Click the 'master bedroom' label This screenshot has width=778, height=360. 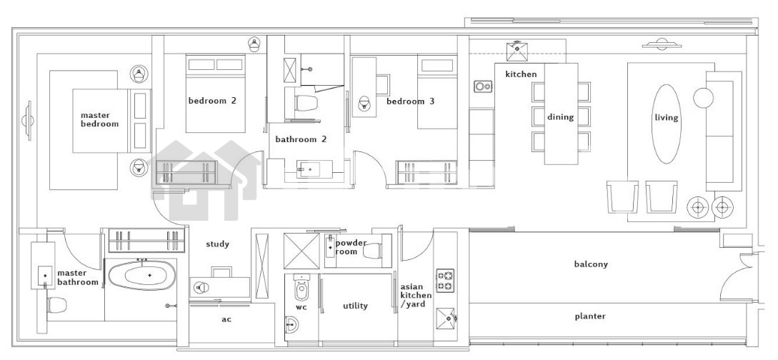pos(100,119)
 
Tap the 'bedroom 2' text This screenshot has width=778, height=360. pos(212,100)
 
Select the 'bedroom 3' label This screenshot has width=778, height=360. pos(410,101)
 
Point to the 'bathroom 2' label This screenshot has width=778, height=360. pos(301,139)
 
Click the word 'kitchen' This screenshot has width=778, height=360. pos(521,74)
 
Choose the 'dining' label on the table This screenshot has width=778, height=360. pos(561,117)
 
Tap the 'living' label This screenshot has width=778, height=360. pos(667,118)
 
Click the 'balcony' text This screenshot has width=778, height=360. pos(591,264)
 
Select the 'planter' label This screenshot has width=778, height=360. pos(590,316)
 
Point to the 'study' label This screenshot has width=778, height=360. pos(218,244)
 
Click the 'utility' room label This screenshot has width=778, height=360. pos(355,306)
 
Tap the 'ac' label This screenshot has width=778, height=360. pos(226,319)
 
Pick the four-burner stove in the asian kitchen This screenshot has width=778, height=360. pos(445,281)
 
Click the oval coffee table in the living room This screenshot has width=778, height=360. pos(666,124)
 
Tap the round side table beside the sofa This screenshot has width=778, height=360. pos(703,97)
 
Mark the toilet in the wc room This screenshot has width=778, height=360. pos(301,289)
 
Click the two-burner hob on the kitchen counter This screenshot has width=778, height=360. pos(483,86)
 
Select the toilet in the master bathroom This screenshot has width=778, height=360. pos(57,304)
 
